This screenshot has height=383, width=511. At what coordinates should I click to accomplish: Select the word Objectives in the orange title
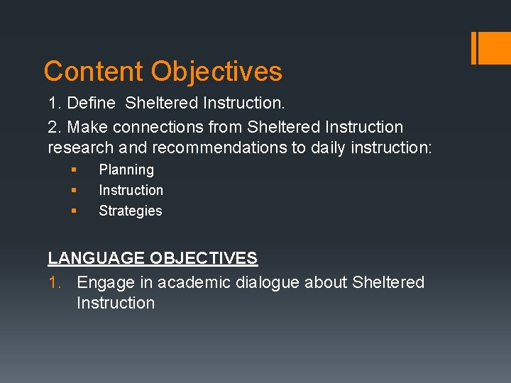tap(216, 72)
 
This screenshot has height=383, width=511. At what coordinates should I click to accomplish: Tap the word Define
tap(91, 104)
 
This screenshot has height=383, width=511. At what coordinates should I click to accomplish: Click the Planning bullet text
tap(126, 170)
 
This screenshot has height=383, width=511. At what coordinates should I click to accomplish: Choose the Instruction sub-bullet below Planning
tap(131, 191)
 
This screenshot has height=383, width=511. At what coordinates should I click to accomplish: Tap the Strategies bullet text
tap(131, 211)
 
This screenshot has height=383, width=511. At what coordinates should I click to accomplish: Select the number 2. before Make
tap(55, 128)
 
